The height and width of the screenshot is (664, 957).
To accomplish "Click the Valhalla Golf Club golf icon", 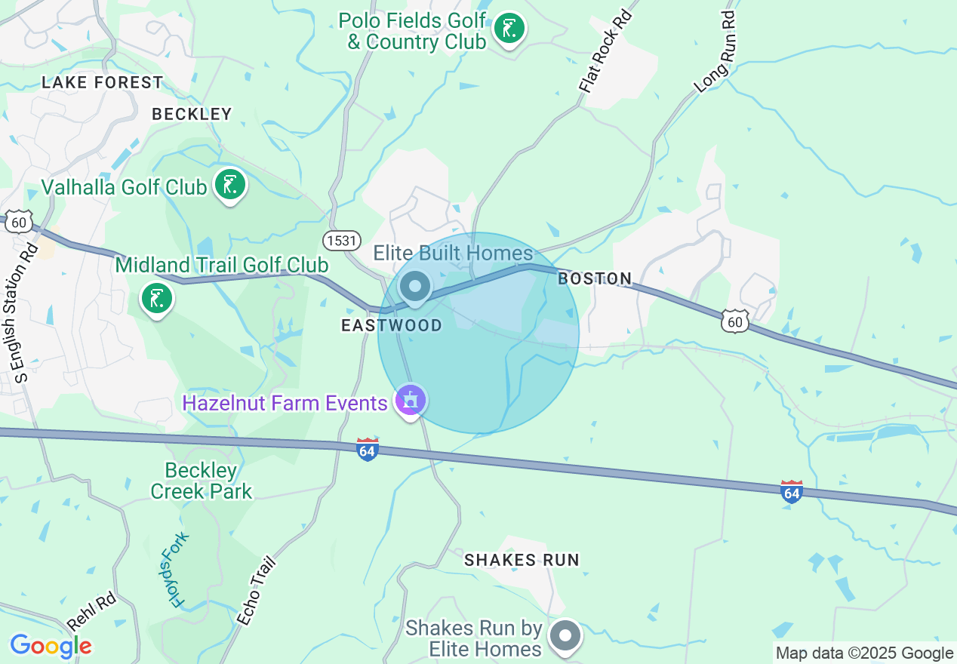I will pos(230,184).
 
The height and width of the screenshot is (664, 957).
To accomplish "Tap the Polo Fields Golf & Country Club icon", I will pos(509,29).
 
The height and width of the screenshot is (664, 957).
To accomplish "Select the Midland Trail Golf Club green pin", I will pos(156,298).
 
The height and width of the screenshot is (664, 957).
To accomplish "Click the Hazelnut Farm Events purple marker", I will pos(411,400).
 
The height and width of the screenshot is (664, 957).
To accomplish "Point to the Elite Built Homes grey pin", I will pos(414,287).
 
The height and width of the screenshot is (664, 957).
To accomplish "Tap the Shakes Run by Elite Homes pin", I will pos(565,635).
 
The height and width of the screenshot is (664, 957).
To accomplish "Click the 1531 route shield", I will pos(340,241).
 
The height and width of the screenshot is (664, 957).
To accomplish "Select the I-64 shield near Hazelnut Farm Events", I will pos(368,450).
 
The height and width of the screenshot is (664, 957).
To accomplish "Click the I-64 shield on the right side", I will pos(791,492).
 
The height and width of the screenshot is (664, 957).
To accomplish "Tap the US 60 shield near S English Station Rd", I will pos(20,222).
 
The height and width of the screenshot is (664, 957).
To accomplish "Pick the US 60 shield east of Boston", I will pos(734,321).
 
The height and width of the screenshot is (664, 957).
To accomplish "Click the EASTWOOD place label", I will pos(392,325).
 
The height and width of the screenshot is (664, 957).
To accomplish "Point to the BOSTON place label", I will pos(595,278).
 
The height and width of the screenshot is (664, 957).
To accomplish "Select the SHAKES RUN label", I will pos(522,560).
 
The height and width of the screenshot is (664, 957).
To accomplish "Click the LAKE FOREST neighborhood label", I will pos(103,82).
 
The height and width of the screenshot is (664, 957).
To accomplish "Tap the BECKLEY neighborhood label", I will pos(192,114).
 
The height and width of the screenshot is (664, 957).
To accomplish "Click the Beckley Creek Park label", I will pos(202,481).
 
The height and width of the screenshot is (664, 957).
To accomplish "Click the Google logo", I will pos(51,646).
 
